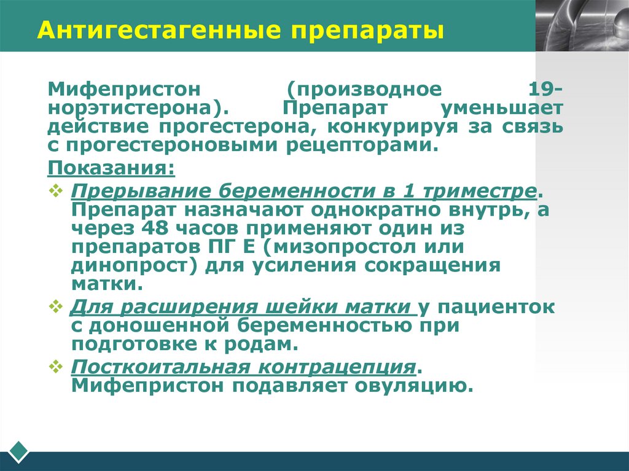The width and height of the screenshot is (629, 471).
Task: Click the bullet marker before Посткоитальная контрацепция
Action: (55, 367)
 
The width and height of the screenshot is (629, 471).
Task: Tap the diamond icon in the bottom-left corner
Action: (18, 451)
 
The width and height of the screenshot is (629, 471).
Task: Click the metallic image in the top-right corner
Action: (582, 25)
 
